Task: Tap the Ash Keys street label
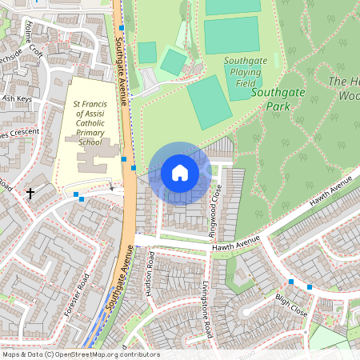(x=16, y=99)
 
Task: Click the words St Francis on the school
(x=89, y=104)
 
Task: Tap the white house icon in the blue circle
(x=180, y=173)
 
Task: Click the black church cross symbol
(x=30, y=193)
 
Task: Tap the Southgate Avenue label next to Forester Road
(x=118, y=293)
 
